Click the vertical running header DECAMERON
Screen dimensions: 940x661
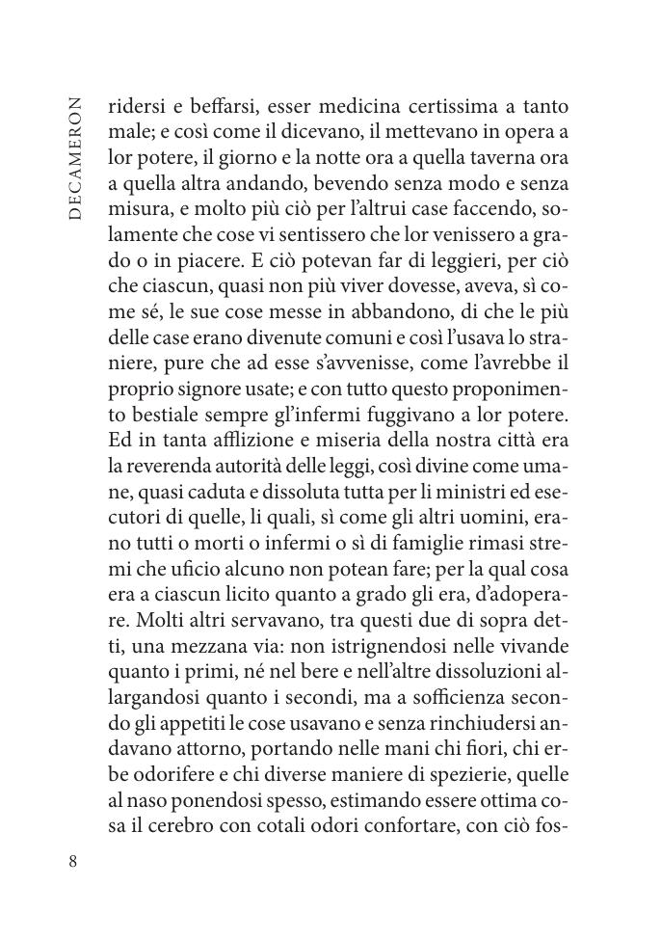pos(77,158)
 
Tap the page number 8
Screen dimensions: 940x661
pos(73,861)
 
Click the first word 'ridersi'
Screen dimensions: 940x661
pos(132,106)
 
